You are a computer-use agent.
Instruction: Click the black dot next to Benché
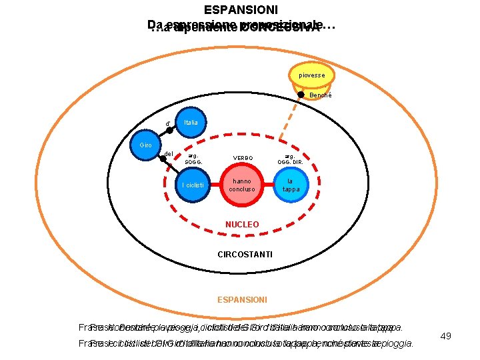301,95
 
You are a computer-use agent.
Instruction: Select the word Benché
321,95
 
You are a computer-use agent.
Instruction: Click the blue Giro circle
146,146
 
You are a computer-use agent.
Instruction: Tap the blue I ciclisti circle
193,185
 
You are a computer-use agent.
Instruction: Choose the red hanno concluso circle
242,185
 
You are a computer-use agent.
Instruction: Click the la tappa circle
293,185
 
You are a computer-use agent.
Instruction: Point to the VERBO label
243,158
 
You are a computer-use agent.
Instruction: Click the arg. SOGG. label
193,158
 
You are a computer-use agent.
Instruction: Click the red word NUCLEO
242,225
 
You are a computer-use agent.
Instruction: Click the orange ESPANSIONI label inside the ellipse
242,300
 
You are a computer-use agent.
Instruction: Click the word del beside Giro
169,154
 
